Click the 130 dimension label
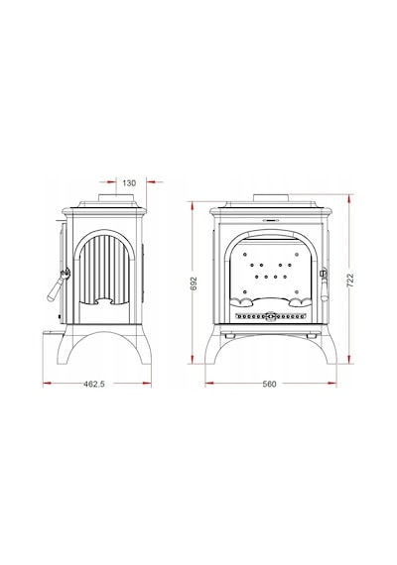point(129,183)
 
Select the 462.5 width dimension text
point(94,385)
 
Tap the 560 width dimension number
point(269,385)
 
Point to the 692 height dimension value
point(195,283)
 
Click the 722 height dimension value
point(350,280)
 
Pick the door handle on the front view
point(324,283)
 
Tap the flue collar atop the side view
point(117,197)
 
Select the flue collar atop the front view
point(271,198)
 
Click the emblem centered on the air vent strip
point(270,316)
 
